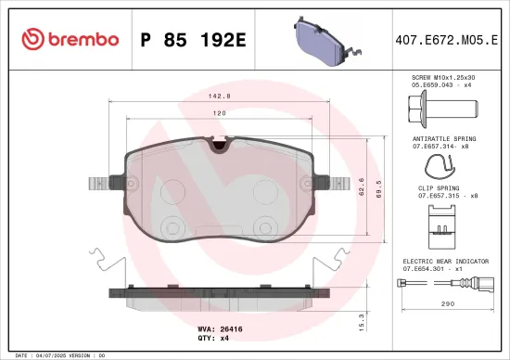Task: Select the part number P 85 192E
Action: click(192, 39)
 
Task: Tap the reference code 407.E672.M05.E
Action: click(446, 39)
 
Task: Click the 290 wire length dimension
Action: click(446, 302)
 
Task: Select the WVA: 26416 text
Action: click(220, 328)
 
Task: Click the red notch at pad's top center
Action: click(220, 144)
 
